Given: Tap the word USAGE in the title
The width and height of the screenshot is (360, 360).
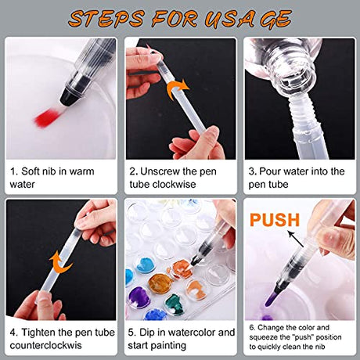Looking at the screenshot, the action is click(247, 19).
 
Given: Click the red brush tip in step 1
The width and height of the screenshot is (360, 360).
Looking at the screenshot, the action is click(48, 117).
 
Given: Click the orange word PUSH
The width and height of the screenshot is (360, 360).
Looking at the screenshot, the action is click(275, 220).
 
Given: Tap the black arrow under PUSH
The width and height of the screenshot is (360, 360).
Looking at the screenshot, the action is click(295, 239).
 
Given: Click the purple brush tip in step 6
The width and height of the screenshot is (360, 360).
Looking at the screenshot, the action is click(272, 299).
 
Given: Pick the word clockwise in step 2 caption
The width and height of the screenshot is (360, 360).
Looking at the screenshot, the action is click(174, 185).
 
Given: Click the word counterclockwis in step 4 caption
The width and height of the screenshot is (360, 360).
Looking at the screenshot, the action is click(45, 345).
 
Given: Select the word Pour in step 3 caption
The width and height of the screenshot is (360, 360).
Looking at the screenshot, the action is click(270, 171).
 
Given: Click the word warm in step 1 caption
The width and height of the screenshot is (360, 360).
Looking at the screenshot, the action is click(81, 171).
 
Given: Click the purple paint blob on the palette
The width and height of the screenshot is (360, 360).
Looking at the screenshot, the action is click(139, 297).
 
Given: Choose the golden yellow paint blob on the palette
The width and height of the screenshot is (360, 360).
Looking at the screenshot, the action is click(160, 284).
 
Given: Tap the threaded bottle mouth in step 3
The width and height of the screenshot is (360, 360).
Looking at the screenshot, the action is click(297, 77).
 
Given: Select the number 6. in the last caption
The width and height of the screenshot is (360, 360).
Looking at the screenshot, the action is click(252, 328).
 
